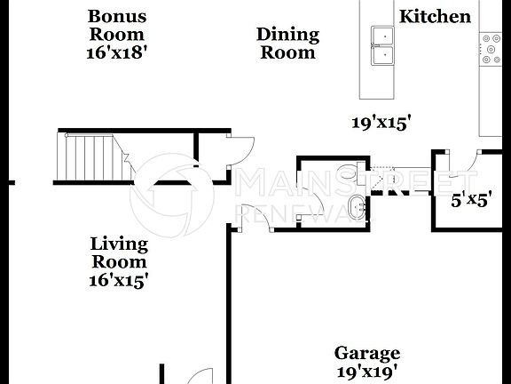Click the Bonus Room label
[x=116, y=25]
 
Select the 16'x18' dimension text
[x=116, y=52]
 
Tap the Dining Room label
[x=287, y=43]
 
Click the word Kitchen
[x=435, y=16]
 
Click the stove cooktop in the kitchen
[x=491, y=50]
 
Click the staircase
[x=90, y=156]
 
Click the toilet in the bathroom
[x=354, y=175]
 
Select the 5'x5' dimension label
[x=470, y=200]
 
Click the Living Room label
[x=119, y=252]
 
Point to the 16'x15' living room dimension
[x=119, y=281]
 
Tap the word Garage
[x=366, y=353]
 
